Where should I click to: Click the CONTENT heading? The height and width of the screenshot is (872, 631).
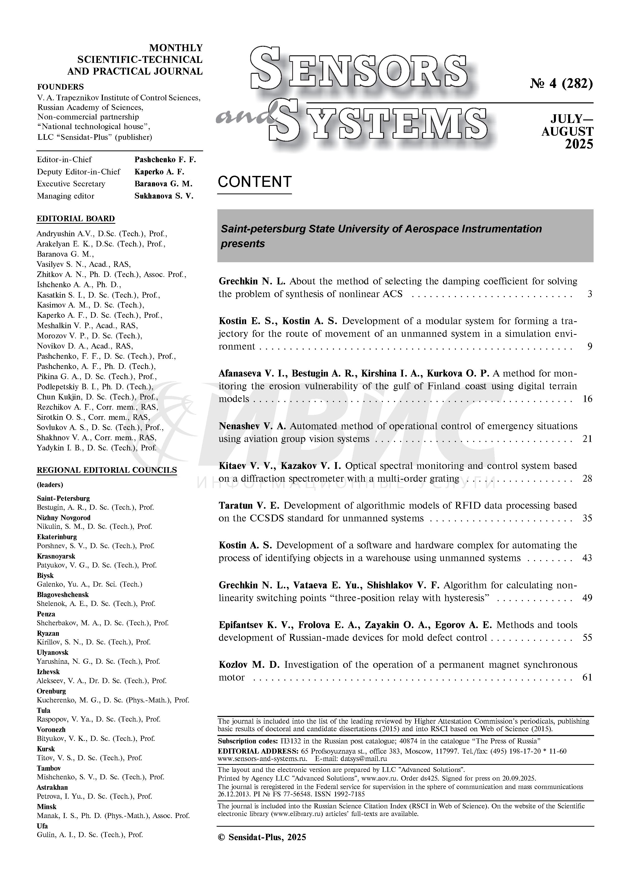(254, 182)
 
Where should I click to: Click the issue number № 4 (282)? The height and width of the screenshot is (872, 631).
(561, 84)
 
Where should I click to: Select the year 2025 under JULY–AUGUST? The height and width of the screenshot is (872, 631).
(579, 144)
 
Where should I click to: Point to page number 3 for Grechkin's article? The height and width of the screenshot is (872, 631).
(590, 294)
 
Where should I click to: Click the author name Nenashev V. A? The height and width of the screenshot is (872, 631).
(252, 426)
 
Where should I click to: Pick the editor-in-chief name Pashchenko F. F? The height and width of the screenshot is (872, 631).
(165, 160)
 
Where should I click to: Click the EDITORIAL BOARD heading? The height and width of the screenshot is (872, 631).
(76, 218)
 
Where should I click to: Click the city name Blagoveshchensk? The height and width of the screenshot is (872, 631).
(63, 594)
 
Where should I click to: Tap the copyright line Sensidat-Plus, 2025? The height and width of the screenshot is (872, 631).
(262, 837)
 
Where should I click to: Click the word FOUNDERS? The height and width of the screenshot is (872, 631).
(60, 87)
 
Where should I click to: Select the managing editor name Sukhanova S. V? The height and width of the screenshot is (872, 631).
(164, 196)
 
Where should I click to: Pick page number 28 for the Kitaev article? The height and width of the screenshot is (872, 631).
(587, 479)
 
